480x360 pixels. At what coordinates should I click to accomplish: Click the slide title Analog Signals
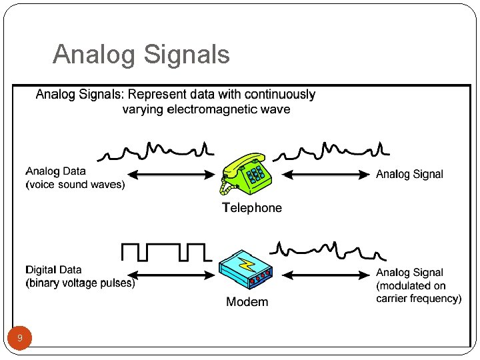point(141,54)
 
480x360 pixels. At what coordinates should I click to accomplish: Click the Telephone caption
point(252,208)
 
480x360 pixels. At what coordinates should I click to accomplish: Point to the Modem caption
point(247,302)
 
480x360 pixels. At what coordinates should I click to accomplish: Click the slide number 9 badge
point(20,339)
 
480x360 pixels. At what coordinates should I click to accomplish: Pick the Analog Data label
point(56,171)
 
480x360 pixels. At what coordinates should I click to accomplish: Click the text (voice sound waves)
point(75,185)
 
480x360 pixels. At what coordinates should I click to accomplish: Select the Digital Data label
point(53,270)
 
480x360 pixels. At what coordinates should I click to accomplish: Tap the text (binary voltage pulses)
point(80,283)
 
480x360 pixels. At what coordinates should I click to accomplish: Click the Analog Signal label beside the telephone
point(409,174)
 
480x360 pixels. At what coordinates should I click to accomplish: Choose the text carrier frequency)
point(419,299)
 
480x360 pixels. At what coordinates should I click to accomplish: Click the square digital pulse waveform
point(165,252)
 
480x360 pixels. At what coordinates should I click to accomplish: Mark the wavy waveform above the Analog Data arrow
point(155,151)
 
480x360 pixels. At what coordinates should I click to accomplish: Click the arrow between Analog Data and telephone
point(171,175)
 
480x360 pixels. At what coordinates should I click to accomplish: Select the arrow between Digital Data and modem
point(171,274)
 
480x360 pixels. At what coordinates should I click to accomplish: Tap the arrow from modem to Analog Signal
point(326,274)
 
